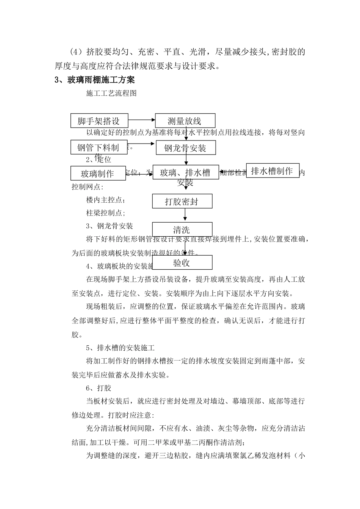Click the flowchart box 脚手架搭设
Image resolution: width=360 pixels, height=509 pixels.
click(x=99, y=121)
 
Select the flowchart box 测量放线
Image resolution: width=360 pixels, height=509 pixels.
click(x=185, y=121)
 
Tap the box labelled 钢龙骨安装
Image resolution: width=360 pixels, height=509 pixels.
click(x=186, y=148)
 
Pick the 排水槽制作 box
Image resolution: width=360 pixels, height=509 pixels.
click(x=272, y=171)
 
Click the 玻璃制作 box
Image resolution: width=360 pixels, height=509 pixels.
click(x=98, y=173)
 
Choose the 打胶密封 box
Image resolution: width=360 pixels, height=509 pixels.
click(x=182, y=201)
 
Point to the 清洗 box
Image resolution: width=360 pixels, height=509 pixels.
click(x=182, y=230)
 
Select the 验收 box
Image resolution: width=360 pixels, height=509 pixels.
click(x=182, y=262)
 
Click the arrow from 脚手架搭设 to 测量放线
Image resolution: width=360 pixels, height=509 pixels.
click(x=142, y=120)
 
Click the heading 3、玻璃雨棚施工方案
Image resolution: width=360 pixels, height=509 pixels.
click(x=94, y=80)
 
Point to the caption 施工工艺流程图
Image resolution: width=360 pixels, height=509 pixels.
click(x=111, y=93)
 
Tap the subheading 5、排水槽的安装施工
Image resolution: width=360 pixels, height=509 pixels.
click(x=120, y=348)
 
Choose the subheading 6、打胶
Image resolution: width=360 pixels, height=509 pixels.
click(x=99, y=388)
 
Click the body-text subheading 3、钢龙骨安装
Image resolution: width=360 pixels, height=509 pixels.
click(x=110, y=226)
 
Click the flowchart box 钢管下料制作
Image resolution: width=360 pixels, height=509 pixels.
click(x=99, y=147)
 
